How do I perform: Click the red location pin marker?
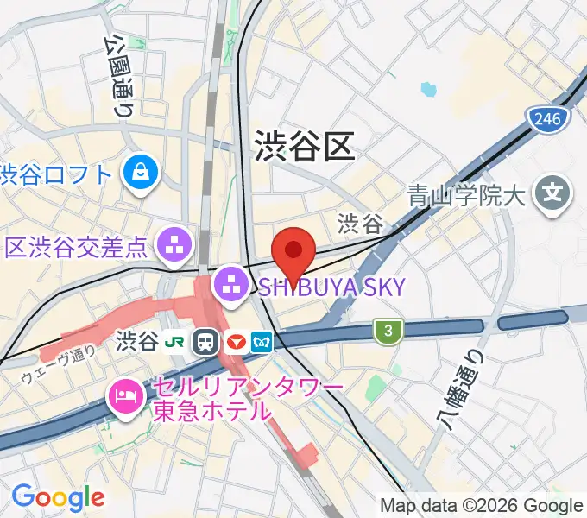(293, 251)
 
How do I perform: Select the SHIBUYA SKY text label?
(331, 287)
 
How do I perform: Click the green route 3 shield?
(389, 329)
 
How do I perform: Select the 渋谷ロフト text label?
(57, 175)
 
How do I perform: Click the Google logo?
(58, 497)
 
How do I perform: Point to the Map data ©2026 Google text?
(482, 505)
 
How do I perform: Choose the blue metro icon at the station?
(262, 342)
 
